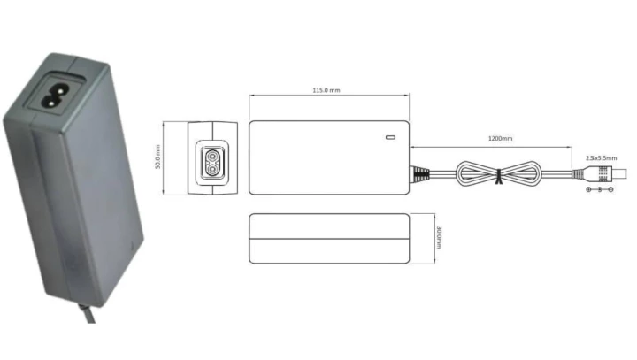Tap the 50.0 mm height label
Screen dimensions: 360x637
tap(158, 157)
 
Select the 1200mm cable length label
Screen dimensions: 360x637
tap(499, 139)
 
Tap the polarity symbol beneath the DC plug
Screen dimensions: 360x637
tap(601, 189)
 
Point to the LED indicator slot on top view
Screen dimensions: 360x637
tap(389, 138)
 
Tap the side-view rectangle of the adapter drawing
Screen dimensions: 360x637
tap(330, 238)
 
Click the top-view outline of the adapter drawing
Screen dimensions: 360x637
tap(329, 157)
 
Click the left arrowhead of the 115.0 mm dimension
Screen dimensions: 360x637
tap(251, 96)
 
